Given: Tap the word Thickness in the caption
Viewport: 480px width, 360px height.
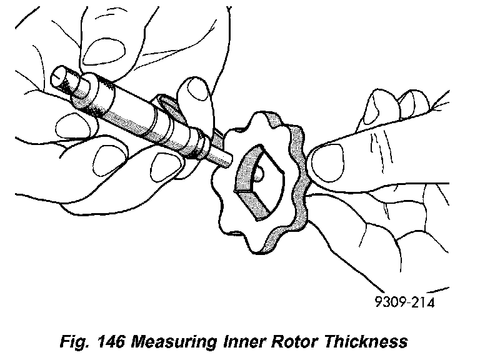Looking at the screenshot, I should (368, 341).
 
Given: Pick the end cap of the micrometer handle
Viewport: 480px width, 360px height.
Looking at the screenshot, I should (62, 81).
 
